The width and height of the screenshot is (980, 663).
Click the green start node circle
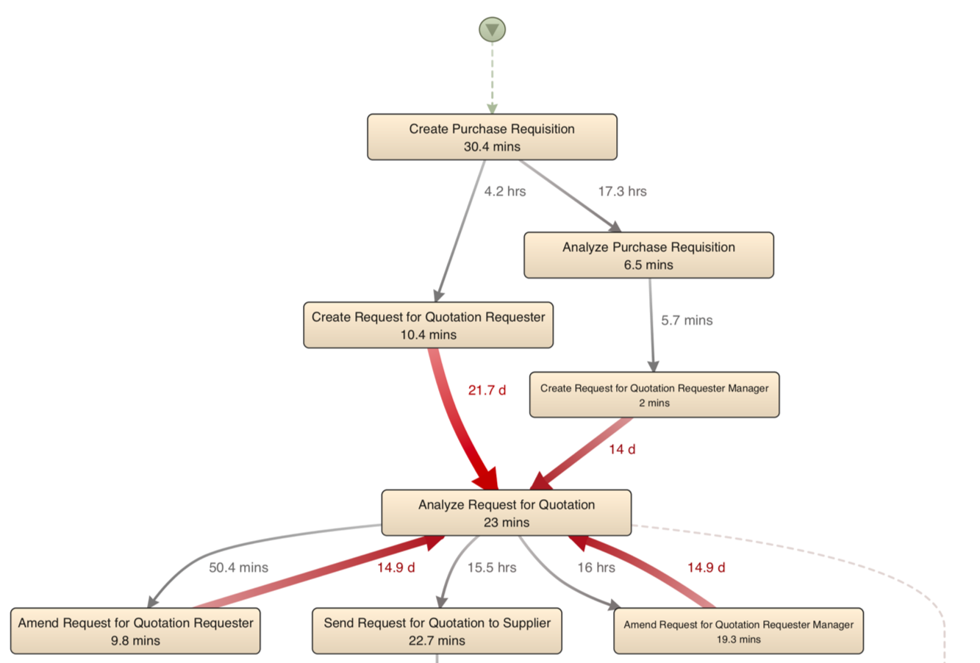click(x=492, y=29)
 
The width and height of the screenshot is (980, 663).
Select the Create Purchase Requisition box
click(x=492, y=137)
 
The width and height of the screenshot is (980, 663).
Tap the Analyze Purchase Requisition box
click(x=648, y=255)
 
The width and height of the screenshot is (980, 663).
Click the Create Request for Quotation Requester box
click(x=428, y=325)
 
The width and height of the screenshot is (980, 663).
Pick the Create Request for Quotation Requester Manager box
click(x=654, y=395)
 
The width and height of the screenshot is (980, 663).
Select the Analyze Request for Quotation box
click(x=506, y=512)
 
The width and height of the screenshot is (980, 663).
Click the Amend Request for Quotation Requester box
click(x=135, y=631)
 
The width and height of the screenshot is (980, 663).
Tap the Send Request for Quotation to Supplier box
click(x=437, y=631)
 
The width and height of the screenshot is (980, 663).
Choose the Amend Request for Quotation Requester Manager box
click(x=738, y=631)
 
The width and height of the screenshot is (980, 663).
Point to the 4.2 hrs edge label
click(x=505, y=191)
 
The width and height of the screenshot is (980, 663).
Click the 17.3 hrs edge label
click(x=622, y=191)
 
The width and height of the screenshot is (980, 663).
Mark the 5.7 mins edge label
click(x=687, y=320)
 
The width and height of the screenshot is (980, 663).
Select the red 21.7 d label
click(x=487, y=390)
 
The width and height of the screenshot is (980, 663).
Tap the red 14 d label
click(x=622, y=449)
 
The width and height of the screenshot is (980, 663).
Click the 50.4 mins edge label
click(x=238, y=567)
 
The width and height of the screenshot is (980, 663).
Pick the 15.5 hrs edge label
click(x=492, y=567)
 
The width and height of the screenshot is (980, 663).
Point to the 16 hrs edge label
click(x=595, y=567)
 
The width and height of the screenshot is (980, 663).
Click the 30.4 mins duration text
click(x=492, y=147)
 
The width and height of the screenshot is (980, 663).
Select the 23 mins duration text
click(x=506, y=523)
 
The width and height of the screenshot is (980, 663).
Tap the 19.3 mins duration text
click(x=738, y=639)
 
